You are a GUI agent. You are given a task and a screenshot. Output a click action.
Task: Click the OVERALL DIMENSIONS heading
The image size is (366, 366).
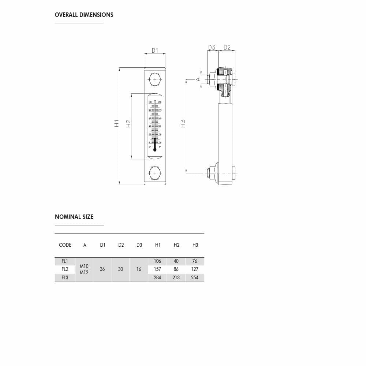point(84,15)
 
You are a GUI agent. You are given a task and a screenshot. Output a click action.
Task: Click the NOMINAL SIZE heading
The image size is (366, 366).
point(74,217)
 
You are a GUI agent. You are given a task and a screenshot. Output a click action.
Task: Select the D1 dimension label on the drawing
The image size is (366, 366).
point(155,51)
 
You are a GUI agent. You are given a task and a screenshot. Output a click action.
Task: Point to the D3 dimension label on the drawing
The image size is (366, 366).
point(212,48)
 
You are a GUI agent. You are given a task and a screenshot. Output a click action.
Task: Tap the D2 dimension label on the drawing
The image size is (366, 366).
point(227,48)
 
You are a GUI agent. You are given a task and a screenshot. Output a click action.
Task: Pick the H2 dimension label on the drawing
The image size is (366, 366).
point(128,123)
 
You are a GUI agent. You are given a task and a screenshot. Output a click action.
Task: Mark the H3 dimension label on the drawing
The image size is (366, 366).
point(183,123)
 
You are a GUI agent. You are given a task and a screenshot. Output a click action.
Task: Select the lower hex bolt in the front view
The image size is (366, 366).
point(155,173)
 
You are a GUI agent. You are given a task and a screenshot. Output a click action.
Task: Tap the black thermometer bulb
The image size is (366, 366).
point(155,149)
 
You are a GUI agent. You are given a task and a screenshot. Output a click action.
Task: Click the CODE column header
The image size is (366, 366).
point(65,245)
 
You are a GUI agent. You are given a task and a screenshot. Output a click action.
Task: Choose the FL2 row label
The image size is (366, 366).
point(65,269)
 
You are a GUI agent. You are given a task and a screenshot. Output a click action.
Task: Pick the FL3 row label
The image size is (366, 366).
point(65,278)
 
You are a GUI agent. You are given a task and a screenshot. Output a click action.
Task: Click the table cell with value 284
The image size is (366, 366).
point(157,278)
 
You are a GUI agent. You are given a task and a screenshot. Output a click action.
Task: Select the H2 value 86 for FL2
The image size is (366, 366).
point(176,269)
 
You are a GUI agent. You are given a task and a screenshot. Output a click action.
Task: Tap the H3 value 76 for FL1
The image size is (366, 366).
point(195,261)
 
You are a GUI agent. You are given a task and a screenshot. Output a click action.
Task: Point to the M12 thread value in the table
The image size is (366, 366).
point(84,273)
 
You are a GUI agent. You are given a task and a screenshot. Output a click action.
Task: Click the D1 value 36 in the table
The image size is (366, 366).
point(102,269)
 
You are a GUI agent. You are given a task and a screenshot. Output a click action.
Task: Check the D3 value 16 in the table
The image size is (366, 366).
point(139,269)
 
